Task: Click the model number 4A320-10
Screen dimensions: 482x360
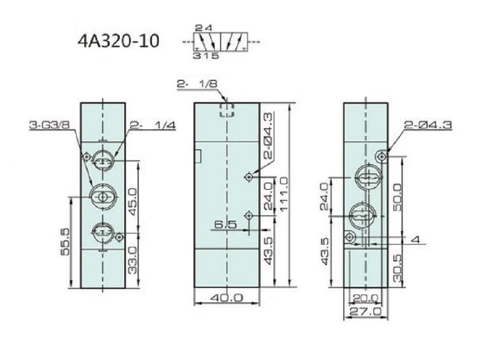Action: [119, 41]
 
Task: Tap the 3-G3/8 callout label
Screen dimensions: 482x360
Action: [49, 125]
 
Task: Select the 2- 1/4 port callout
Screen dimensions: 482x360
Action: [153, 125]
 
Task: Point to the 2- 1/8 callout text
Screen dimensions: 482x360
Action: [197, 84]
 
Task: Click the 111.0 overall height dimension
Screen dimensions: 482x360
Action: [284, 194]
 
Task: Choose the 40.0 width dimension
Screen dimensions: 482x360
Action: [226, 297]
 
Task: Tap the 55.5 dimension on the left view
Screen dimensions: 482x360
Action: [65, 242]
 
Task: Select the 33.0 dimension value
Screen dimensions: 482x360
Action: [133, 260]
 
